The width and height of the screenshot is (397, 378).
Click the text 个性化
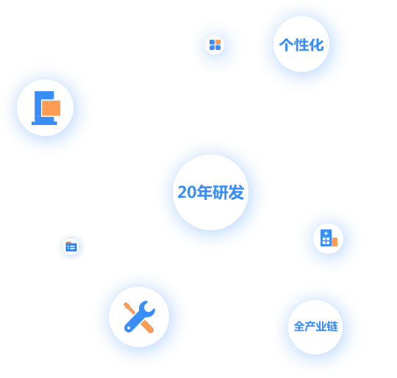pyautogui.click(x=301, y=45)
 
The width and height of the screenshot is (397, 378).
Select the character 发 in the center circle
pyautogui.click(x=236, y=192)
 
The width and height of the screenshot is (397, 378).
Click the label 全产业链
pyautogui.click(x=315, y=326)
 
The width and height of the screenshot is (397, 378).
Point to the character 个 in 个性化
pyautogui.click(x=286, y=45)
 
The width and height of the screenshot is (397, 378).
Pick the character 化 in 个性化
pyautogui.click(x=316, y=45)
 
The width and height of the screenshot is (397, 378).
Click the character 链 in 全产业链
pyautogui.click(x=332, y=326)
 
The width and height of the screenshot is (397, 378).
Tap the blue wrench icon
pyautogui.click(x=139, y=317)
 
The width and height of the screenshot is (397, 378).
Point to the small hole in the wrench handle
pyautogui.click(x=129, y=328)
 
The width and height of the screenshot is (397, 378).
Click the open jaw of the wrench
pyautogui.click(x=148, y=307)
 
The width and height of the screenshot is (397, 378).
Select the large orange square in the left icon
pyautogui.click(x=51, y=108)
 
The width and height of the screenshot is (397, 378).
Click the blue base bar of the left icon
pyautogui.click(x=44, y=123)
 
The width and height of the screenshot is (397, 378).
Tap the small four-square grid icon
pyautogui.click(x=215, y=45)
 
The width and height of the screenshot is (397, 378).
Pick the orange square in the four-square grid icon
pyautogui.click(x=218, y=42)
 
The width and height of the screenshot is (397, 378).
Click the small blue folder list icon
pyautogui.click(x=71, y=246)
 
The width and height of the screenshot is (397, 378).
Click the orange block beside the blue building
pyautogui.click(x=335, y=242)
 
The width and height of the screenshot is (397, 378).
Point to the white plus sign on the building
pyautogui.click(x=326, y=233)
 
